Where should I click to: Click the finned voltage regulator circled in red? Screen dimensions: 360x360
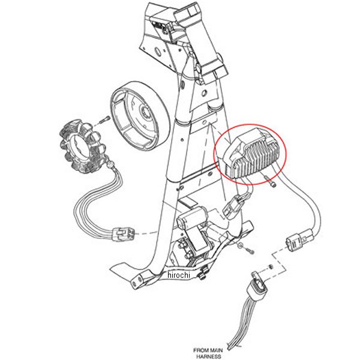251,154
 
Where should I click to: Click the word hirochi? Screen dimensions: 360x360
179,275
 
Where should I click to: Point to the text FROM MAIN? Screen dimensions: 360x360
208,350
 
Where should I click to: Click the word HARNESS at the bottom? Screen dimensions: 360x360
208,356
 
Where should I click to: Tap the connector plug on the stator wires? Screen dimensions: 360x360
124,234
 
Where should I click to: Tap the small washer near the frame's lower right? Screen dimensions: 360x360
240,245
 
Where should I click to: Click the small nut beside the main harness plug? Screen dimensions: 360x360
271,267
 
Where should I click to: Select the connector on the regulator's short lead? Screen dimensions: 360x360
235,206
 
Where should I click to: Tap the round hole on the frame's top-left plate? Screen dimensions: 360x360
157,52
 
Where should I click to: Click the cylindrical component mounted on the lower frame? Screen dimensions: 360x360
193,218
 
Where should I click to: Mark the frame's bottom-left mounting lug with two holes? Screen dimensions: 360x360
140,280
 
